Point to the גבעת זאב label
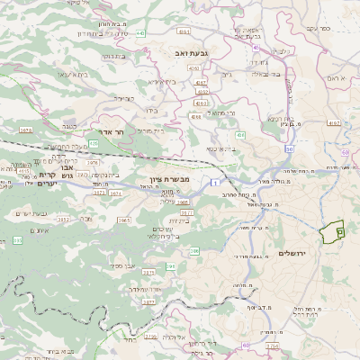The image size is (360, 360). (191, 54)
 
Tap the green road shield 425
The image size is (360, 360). (94, 143)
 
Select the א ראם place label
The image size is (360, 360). (337, 80)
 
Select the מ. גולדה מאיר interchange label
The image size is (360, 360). (277, 169)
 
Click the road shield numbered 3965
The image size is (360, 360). (123, 220)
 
